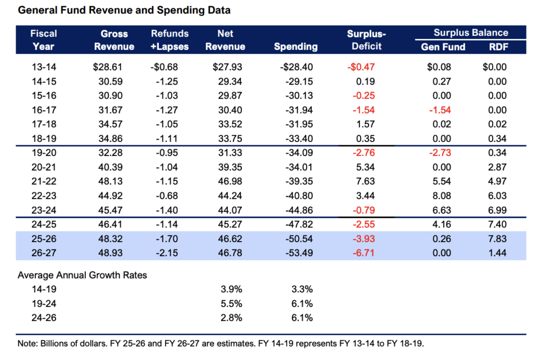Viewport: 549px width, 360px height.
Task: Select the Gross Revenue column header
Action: tap(114, 40)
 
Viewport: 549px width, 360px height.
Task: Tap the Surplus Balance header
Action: tap(471, 33)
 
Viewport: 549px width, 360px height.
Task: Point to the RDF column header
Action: tap(499, 47)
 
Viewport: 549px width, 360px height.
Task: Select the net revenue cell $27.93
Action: tap(225, 68)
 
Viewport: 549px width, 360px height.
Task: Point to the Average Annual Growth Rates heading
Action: tap(82, 275)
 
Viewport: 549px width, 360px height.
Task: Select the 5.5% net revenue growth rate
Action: tap(231, 304)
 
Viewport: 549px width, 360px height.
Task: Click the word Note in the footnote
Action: tap(27, 342)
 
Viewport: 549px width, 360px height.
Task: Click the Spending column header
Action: tap(295, 47)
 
